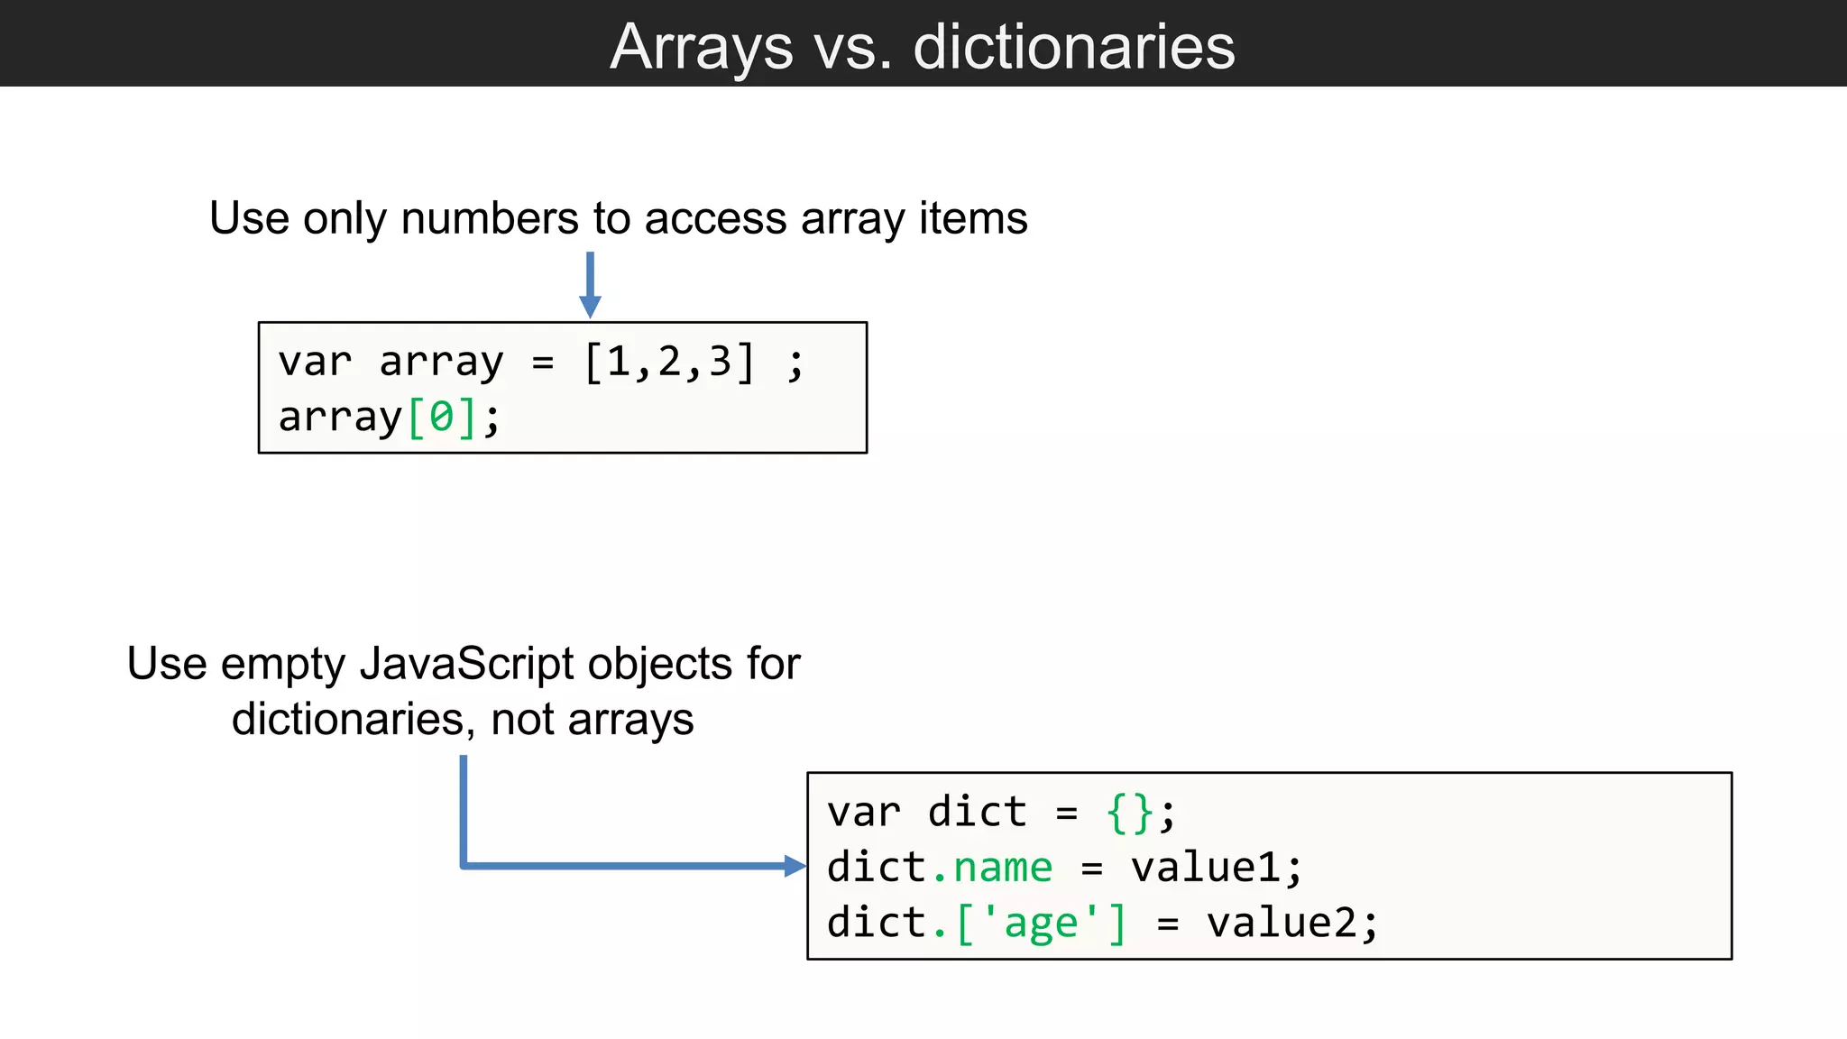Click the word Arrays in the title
point(701,47)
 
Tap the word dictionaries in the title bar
point(1073,47)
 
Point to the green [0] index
point(442,418)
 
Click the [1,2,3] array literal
point(668,362)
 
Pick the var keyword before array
point(315,362)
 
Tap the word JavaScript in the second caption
point(466,664)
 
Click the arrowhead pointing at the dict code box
point(795,867)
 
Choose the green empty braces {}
point(1129,812)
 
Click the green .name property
point(992,868)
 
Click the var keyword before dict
point(863,812)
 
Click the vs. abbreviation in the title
point(853,47)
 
